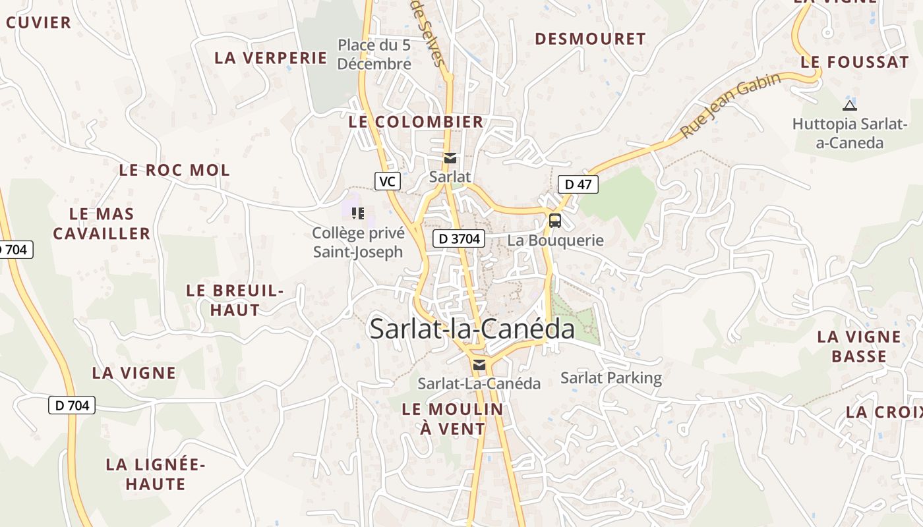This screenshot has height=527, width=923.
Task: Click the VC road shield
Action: pyautogui.click(x=388, y=181)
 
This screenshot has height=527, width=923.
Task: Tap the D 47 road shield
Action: pyautogui.click(x=578, y=184)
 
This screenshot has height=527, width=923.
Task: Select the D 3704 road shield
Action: pyautogui.click(x=459, y=238)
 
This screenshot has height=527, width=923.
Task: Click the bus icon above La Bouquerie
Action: pyautogui.click(x=555, y=220)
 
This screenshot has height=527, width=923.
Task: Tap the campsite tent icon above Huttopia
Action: pyautogui.click(x=850, y=105)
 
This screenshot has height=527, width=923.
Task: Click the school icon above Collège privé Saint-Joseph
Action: pyautogui.click(x=358, y=213)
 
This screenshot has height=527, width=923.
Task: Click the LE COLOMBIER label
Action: pyautogui.click(x=416, y=122)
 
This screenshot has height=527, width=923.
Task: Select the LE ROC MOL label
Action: pyautogui.click(x=175, y=170)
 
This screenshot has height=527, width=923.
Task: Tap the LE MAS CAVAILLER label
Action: pyautogui.click(x=102, y=224)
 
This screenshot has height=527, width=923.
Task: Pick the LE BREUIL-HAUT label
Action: pyautogui.click(x=235, y=300)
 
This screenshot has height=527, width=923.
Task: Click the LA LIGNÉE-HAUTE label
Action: pyautogui.click(x=156, y=474)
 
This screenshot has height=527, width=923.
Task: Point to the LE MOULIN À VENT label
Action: pyautogui.click(x=452, y=419)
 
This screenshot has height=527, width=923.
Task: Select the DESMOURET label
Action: pyautogui.click(x=590, y=39)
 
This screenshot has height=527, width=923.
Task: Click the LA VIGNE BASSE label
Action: pyautogui.click(x=858, y=347)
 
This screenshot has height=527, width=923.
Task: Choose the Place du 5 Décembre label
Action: pyautogui.click(x=374, y=55)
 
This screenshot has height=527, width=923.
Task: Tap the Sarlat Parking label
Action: pyautogui.click(x=611, y=378)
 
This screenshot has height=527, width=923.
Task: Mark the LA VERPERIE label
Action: pyautogui.click(x=271, y=58)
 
